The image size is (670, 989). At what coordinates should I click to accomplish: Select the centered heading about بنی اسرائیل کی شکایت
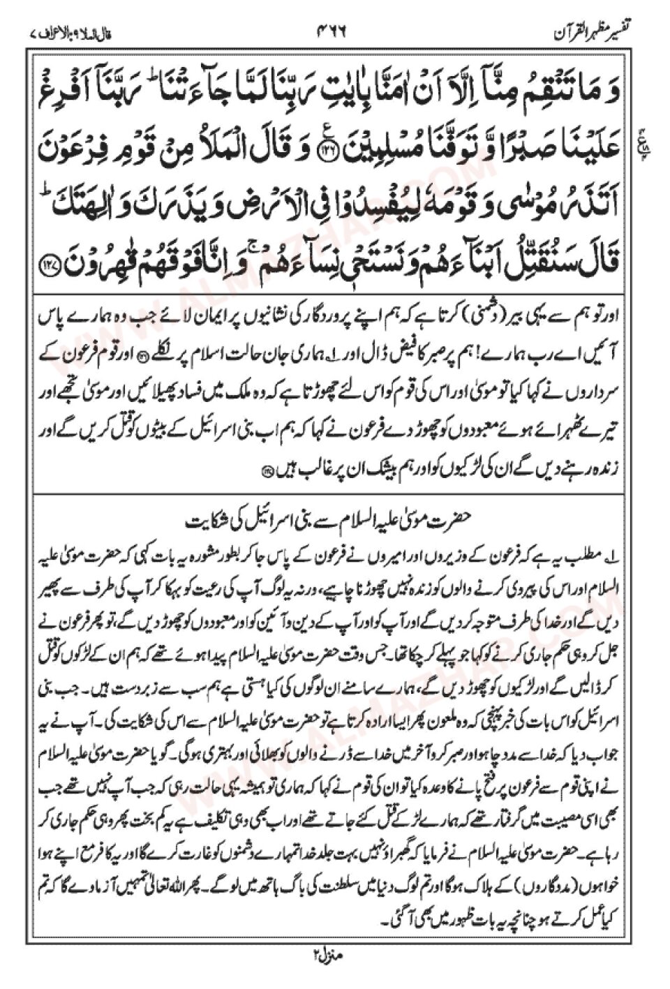point(334,521)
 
